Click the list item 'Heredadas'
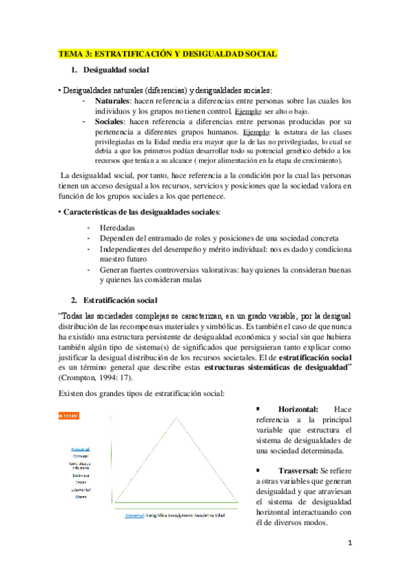point(117,227)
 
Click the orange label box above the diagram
point(68,416)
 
